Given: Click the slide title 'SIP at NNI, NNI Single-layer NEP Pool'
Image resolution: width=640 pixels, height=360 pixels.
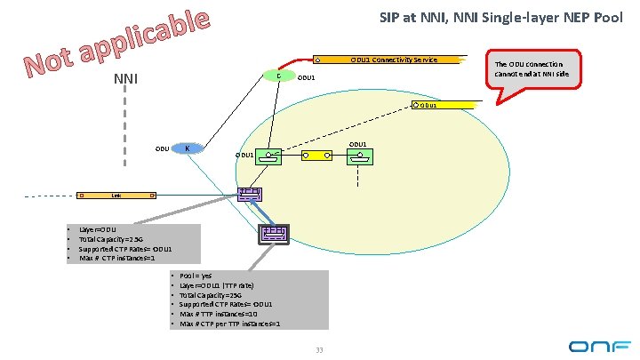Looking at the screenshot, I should [500, 17].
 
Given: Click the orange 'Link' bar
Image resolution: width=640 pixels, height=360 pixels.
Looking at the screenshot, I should [116, 195].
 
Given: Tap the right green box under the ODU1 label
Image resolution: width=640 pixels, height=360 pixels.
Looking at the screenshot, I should [359, 156].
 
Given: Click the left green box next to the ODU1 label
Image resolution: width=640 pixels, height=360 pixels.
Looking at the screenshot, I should [269, 156].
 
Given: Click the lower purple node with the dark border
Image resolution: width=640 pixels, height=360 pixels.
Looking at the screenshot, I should [273, 233].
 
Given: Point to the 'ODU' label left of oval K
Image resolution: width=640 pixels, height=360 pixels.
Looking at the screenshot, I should [162, 148].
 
